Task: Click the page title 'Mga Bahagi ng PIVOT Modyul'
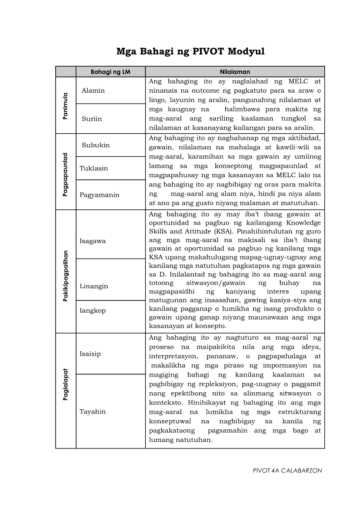(190, 52)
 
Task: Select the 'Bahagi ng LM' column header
(111, 72)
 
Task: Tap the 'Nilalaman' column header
(235, 72)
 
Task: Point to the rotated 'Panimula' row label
(65, 106)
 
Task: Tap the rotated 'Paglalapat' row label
(65, 391)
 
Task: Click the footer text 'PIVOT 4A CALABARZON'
(288, 471)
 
